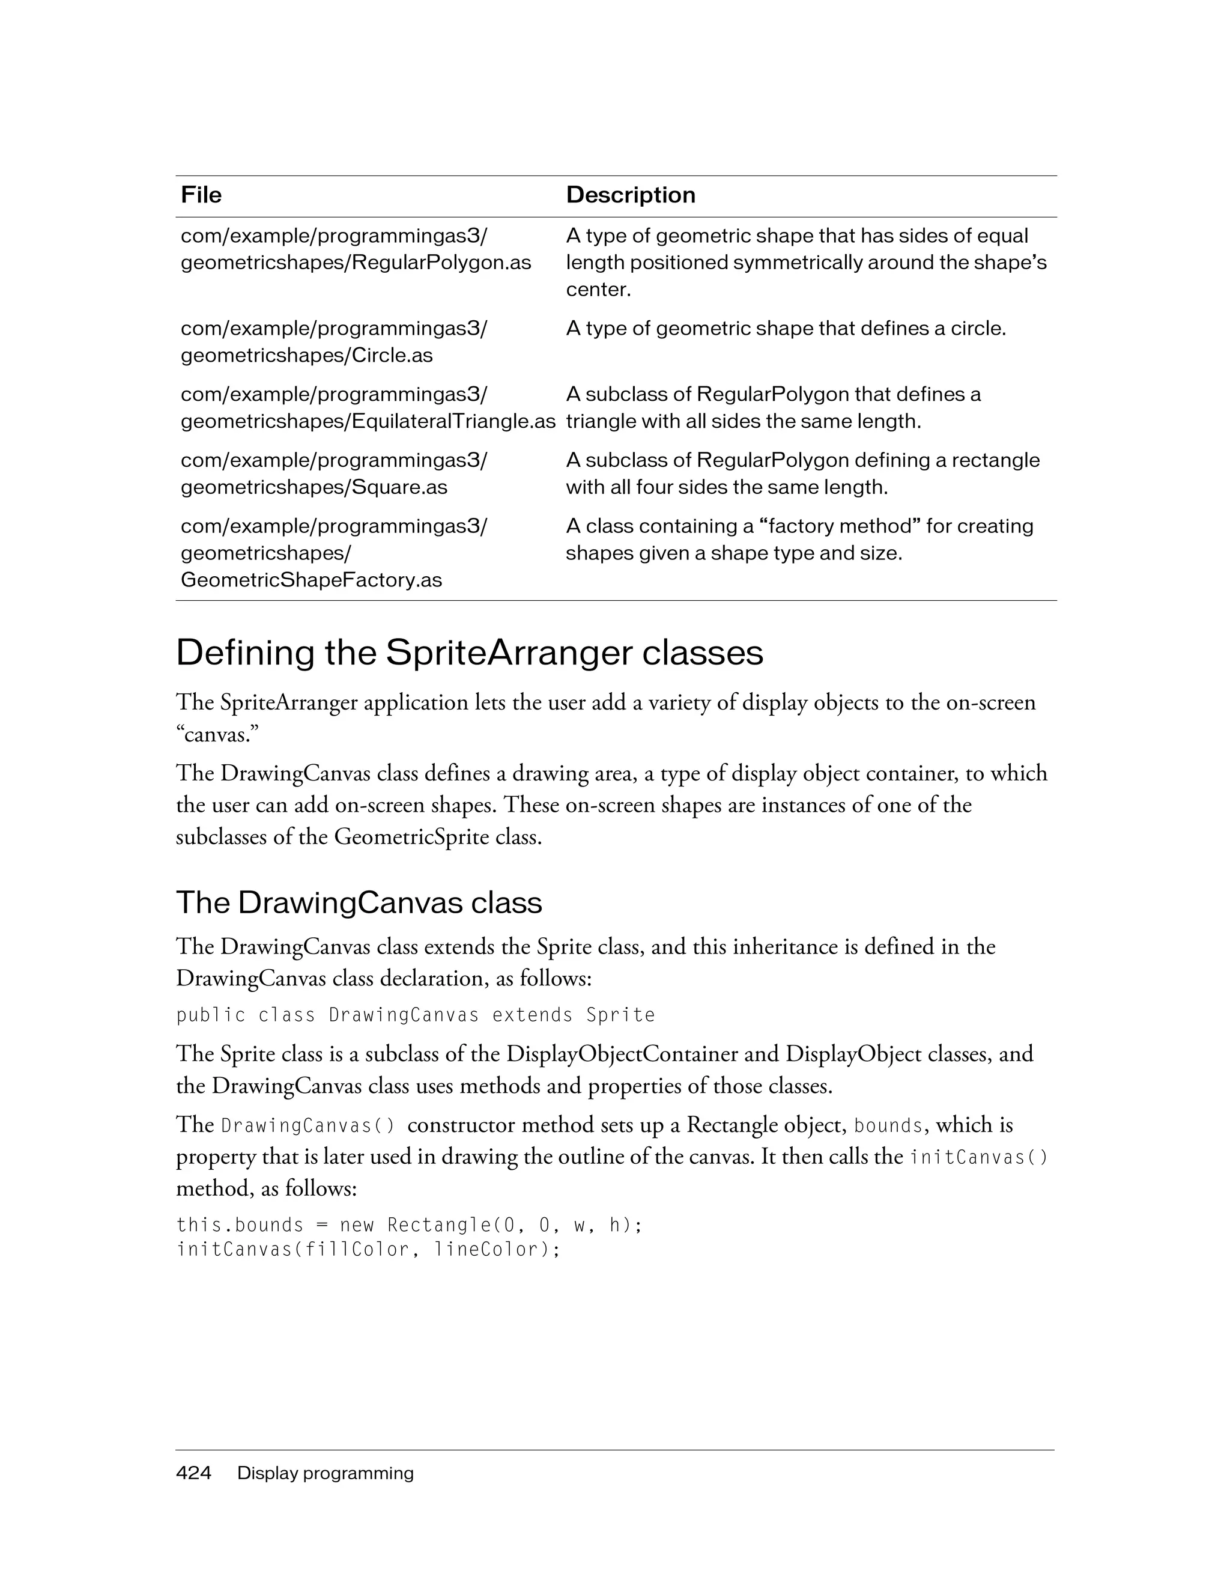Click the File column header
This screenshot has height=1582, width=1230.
pos(201,195)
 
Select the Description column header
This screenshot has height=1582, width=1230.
pos(630,195)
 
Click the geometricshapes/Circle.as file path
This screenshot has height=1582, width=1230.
pos(306,355)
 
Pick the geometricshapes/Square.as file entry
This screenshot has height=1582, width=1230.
pos(314,487)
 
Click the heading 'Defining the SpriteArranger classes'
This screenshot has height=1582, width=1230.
pos(469,653)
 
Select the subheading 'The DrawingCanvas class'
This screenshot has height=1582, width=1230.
pos(359,902)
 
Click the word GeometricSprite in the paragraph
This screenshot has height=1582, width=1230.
pos(412,838)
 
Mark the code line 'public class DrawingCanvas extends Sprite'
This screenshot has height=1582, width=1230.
pos(416,1015)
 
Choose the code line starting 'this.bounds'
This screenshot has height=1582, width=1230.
pos(410,1225)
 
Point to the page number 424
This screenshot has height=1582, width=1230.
pos(193,1473)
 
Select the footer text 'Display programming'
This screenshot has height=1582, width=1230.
pos(326,1473)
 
